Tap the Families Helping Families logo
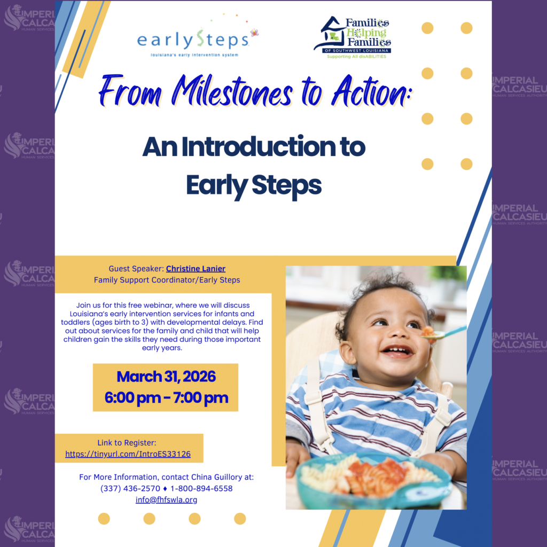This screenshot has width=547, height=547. coord(353,37)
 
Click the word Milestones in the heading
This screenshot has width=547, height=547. coord(232,91)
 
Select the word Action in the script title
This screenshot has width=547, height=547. coord(372,91)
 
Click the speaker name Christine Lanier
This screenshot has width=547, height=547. coord(196,269)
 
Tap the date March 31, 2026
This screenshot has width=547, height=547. coord(166,377)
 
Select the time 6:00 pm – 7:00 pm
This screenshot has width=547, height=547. coord(166,397)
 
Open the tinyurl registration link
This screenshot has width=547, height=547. coord(128,454)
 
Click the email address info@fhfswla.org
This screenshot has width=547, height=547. coord(167,499)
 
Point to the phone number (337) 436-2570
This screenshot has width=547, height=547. coord(130,488)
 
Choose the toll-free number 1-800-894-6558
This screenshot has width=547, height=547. coord(201,488)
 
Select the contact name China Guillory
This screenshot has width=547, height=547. coord(218,477)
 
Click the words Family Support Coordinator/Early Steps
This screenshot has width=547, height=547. coord(167,280)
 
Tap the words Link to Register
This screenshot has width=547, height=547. coord(127,443)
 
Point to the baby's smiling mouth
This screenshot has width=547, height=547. coord(397,350)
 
